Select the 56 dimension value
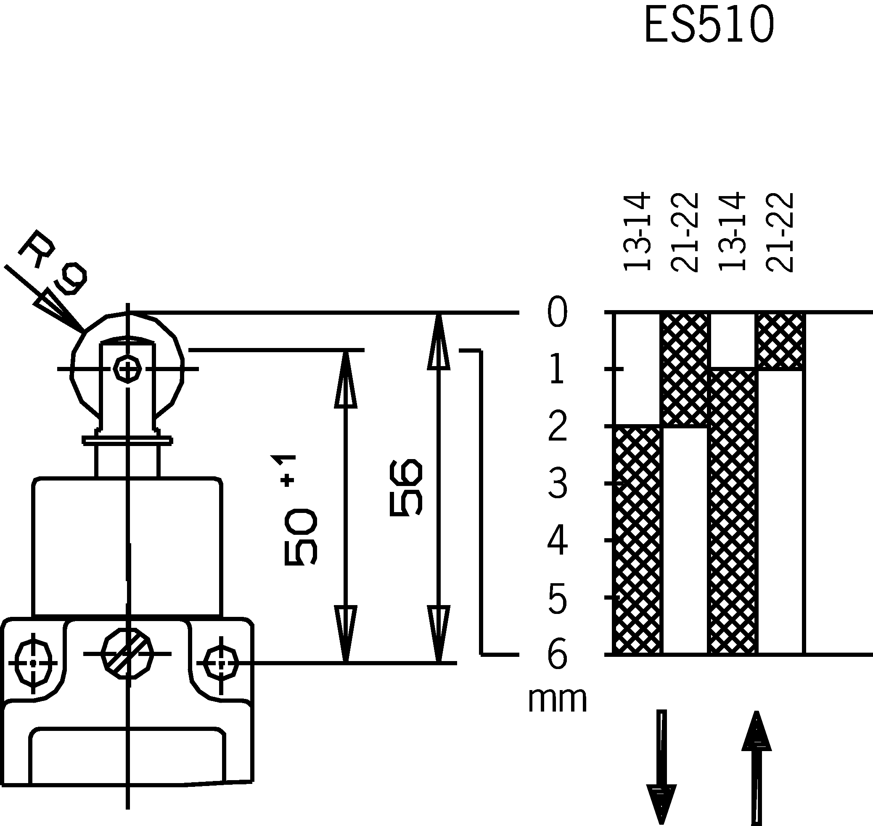click(406, 487)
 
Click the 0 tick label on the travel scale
click(557, 312)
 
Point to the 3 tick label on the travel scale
click(557, 484)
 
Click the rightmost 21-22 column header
click(779, 232)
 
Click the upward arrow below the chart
click(757, 766)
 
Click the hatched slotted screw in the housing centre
click(127, 654)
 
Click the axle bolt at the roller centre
click(127, 369)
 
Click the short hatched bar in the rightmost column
click(780, 341)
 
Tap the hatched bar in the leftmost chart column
click(637, 540)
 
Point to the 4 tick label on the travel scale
click(557, 541)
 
